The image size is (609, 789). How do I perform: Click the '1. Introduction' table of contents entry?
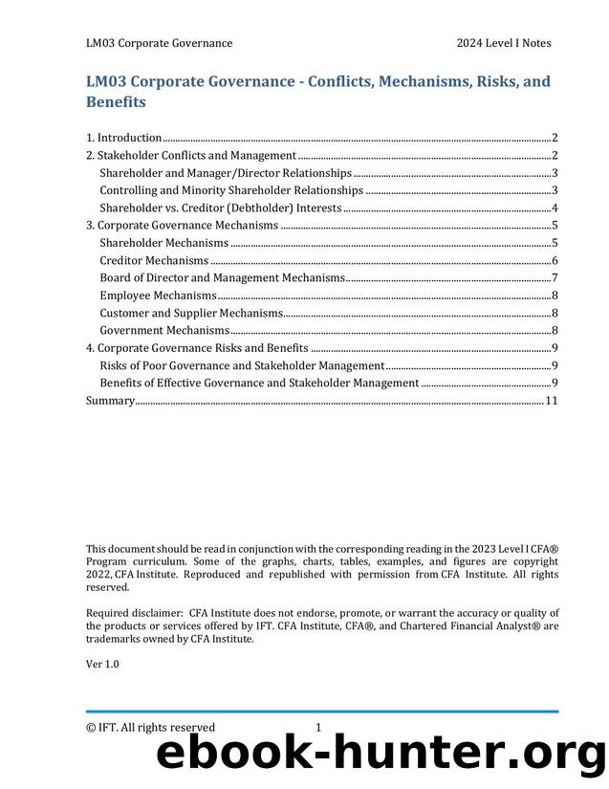123,138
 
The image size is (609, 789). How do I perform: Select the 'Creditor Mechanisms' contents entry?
154,260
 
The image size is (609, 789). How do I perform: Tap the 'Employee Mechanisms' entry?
158,296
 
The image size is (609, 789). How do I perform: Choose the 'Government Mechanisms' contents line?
164,330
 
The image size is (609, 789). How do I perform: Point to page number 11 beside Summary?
551,400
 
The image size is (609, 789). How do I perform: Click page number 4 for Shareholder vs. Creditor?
555,208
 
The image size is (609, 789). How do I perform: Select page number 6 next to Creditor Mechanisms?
555,260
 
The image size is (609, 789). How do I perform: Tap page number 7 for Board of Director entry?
555,277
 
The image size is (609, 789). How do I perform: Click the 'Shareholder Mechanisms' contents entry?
163,243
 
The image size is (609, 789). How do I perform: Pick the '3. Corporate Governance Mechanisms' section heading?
182,226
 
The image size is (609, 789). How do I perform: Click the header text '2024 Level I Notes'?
503,43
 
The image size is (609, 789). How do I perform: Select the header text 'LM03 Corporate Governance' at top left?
159,43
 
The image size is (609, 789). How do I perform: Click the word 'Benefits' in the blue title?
116,101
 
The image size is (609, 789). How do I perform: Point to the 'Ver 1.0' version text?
102,663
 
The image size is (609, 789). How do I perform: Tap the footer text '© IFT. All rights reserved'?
150,727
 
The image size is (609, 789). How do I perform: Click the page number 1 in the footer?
318,727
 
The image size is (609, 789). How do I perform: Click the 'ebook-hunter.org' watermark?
381,756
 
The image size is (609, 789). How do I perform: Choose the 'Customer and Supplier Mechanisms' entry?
191,313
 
